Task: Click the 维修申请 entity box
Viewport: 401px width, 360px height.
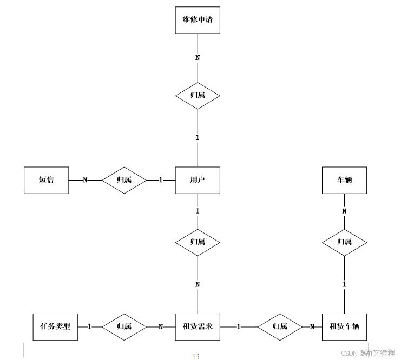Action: (x=198, y=19)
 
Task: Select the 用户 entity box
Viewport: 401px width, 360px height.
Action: (x=198, y=180)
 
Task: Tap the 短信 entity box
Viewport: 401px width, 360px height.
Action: (x=47, y=180)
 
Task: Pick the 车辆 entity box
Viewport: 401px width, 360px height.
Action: (x=344, y=180)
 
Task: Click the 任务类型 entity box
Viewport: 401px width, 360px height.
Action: (x=55, y=326)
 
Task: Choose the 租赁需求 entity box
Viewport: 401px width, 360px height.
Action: (x=198, y=326)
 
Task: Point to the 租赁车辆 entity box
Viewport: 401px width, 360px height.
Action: (x=344, y=326)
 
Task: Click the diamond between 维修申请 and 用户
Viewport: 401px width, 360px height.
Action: (x=198, y=96)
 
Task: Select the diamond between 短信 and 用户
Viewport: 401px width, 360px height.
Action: (x=124, y=180)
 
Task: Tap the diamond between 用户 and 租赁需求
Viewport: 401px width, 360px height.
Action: (x=198, y=242)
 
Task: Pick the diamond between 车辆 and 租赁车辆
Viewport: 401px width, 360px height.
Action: (x=344, y=242)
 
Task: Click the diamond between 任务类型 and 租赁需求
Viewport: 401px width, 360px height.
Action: (x=124, y=326)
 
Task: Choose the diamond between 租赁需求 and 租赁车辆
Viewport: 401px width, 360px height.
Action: (x=279, y=326)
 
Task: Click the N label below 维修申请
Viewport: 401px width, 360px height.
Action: (x=198, y=57)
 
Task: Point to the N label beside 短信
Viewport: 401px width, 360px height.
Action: (x=85, y=180)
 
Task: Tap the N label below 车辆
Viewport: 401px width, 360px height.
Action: (x=344, y=211)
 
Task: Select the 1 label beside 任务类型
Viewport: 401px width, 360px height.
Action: (x=90, y=326)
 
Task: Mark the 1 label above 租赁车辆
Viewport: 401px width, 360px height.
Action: (x=344, y=284)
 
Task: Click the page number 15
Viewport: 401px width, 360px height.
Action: (x=196, y=356)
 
